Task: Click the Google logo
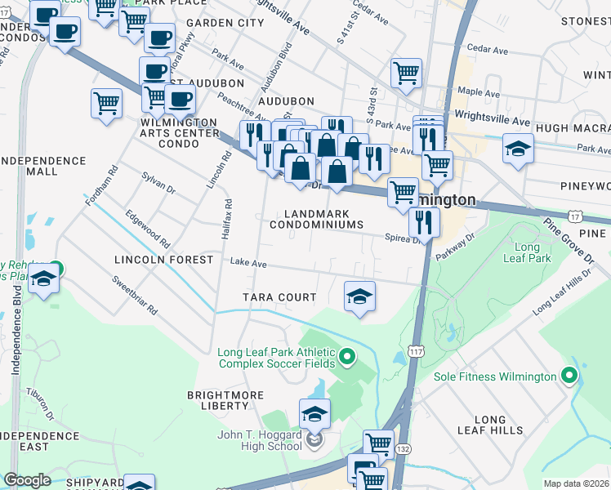tap(27, 480)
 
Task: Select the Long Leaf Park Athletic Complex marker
tap(346, 356)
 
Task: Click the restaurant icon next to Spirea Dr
tap(423, 220)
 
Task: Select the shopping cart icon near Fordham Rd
tap(106, 104)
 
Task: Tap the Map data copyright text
tap(576, 483)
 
